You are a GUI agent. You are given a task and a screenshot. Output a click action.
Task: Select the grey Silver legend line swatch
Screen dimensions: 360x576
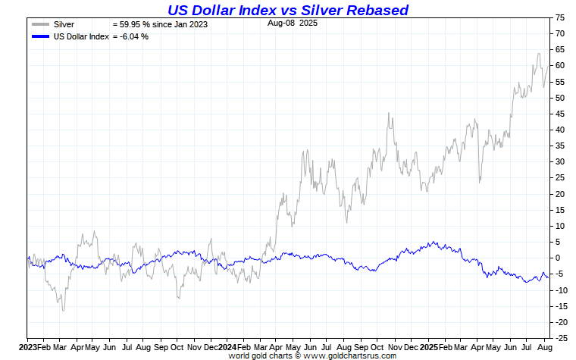pos(40,25)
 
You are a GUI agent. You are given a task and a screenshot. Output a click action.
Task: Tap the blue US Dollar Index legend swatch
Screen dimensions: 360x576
pos(40,36)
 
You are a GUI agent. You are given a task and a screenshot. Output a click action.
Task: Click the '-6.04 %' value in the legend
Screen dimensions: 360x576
pos(133,36)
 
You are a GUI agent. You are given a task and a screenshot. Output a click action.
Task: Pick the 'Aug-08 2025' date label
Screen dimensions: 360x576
pos(293,23)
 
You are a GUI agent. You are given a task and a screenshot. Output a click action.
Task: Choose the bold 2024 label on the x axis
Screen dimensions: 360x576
pos(228,346)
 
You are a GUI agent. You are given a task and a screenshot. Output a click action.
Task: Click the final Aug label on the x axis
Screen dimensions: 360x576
pos(543,346)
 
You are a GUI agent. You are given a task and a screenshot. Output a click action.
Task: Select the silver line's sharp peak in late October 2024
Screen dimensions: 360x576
pos(389,113)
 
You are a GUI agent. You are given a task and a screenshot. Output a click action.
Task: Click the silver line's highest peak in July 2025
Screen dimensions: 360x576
pos(538,53)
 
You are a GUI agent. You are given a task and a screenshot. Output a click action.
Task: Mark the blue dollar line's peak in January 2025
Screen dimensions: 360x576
pos(433,243)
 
